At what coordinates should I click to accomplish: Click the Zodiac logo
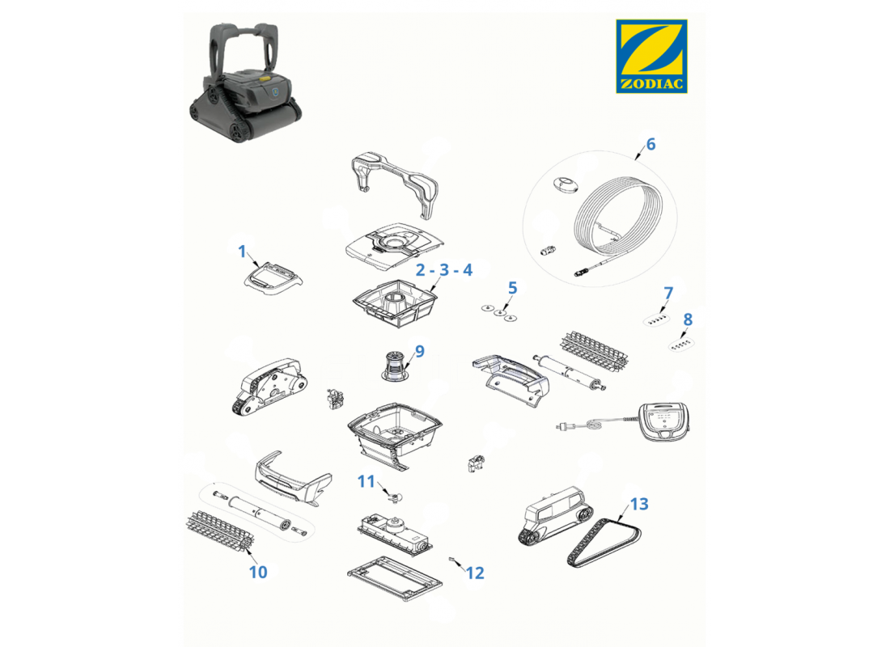(651, 56)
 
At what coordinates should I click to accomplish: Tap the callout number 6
(651, 144)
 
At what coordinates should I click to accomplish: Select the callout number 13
(638, 504)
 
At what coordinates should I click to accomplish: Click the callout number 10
(257, 572)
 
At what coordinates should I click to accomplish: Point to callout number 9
(419, 351)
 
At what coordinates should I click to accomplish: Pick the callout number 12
(475, 573)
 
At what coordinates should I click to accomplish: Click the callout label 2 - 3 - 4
(444, 269)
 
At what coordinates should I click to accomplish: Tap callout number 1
(243, 251)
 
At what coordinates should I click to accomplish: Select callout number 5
(512, 288)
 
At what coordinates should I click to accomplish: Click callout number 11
(366, 482)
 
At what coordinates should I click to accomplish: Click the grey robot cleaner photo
(245, 82)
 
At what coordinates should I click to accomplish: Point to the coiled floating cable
(619, 218)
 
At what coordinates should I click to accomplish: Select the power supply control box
(664, 422)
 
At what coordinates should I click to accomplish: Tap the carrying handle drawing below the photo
(396, 184)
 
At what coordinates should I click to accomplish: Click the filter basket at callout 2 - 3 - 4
(395, 302)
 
